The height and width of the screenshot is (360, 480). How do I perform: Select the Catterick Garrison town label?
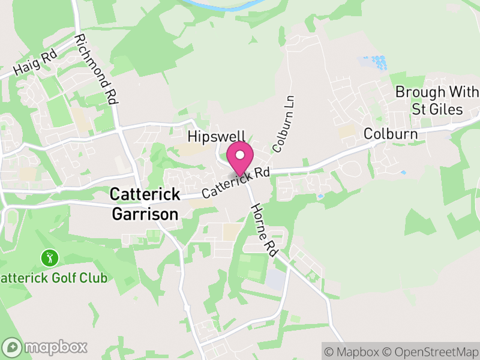pos(145,204)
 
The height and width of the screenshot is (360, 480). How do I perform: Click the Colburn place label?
pos(391,133)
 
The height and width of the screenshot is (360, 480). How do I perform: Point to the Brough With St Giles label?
pos(436,100)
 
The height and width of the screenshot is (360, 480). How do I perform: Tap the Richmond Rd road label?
pos(95,70)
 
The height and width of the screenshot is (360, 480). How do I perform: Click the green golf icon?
pos(50,259)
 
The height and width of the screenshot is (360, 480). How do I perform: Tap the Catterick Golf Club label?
pos(54,278)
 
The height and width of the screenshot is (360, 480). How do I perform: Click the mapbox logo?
pos(45,347)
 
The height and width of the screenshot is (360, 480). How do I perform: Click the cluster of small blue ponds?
pos(373,62)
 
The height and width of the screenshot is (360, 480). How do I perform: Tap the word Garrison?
pos(145,214)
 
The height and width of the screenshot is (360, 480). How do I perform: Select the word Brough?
pos(420,92)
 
